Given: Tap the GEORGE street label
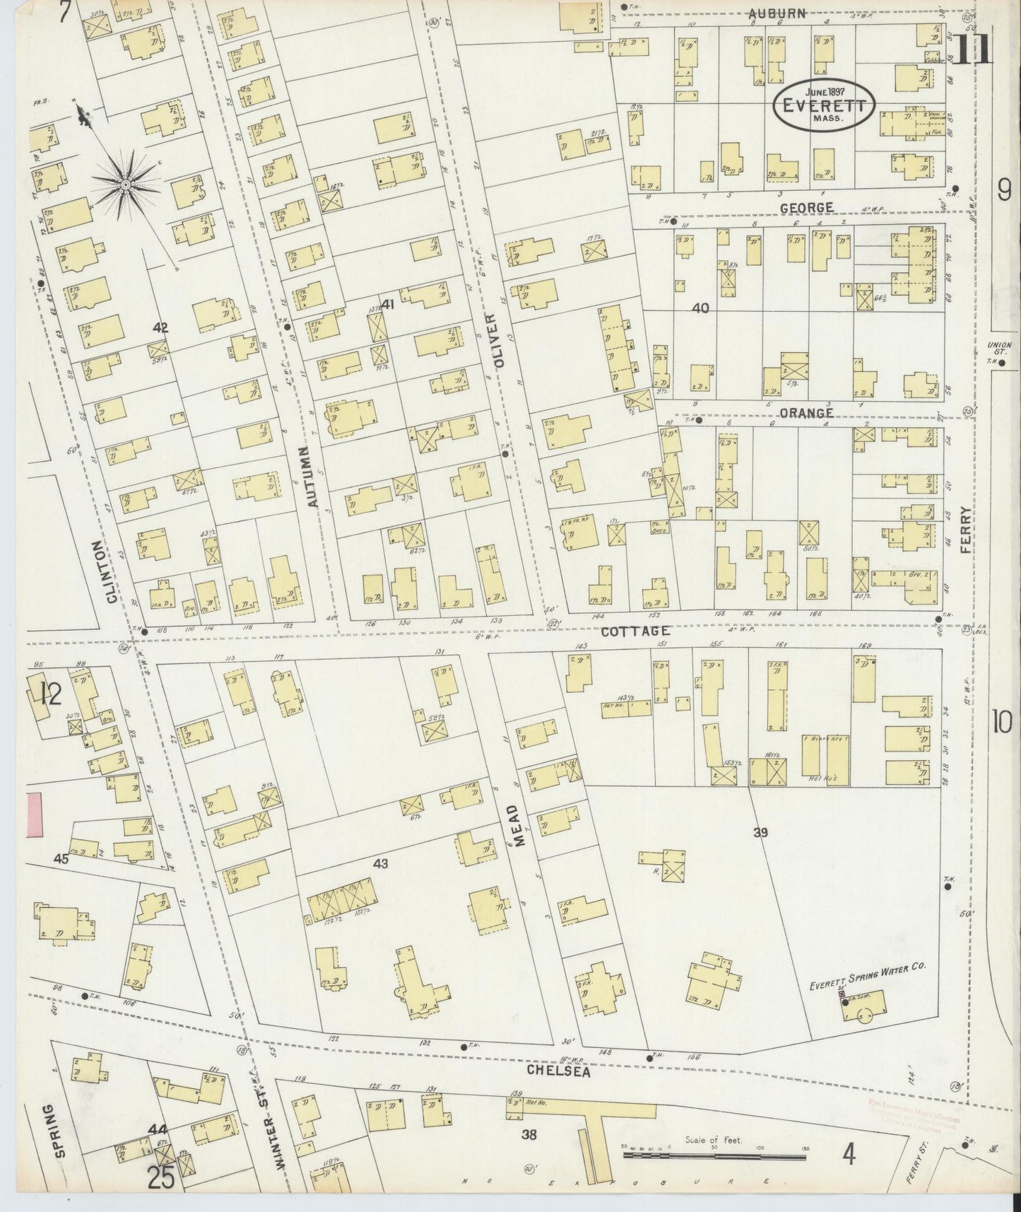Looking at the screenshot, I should coord(806,208).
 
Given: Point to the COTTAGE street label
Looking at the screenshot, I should coord(635,631).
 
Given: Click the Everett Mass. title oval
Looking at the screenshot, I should coord(824,107).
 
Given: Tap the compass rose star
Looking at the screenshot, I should coord(125,185).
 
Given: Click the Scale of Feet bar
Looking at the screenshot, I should coord(715,1156).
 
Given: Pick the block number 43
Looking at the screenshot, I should coord(380,863).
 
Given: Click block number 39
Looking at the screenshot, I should coord(760,833).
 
